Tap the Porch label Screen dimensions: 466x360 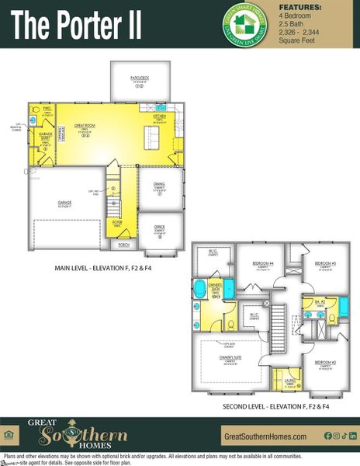pos(123,244)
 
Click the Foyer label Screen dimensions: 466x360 pos(117,222)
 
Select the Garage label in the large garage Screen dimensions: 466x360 pos(64,203)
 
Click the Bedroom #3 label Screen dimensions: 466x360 pos(325,264)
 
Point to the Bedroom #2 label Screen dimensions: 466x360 pos(325,363)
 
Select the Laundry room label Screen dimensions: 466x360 pos(289,381)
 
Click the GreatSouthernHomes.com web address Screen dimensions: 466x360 pos(263,436)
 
